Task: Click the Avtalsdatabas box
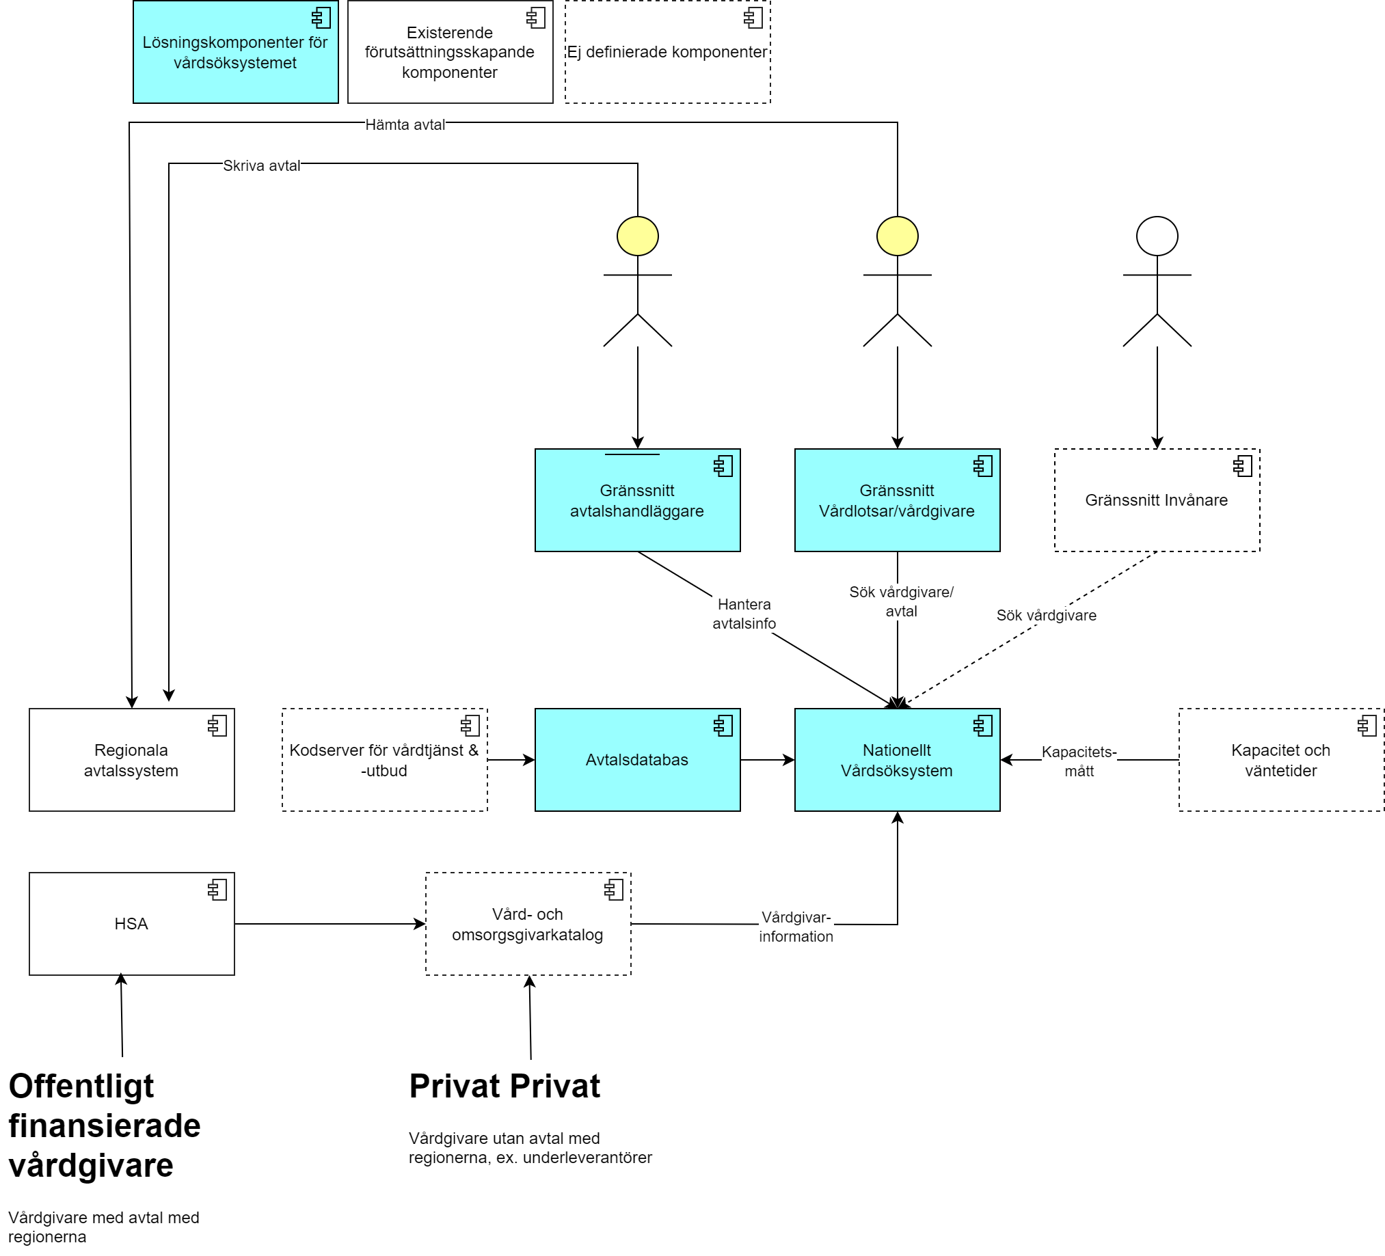(637, 759)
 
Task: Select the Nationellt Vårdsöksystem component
(896, 759)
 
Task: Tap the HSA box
(131, 924)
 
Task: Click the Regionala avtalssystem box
(131, 759)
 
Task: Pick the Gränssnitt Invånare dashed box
(1156, 500)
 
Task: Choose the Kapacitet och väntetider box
(1280, 759)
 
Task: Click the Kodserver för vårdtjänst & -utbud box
(384, 759)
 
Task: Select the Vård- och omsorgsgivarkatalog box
(528, 924)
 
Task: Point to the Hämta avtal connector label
(405, 124)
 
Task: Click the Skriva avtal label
(261, 165)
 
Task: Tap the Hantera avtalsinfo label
(744, 613)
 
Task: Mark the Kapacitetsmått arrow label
(1079, 761)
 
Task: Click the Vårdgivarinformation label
(796, 927)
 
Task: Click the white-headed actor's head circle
(1157, 236)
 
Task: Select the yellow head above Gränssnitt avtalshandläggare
(638, 236)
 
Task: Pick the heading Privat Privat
(505, 1087)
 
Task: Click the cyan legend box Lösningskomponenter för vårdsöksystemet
(235, 52)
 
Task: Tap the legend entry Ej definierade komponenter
(667, 52)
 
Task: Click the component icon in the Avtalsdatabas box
(723, 726)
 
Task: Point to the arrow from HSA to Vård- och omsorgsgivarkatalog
(330, 924)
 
